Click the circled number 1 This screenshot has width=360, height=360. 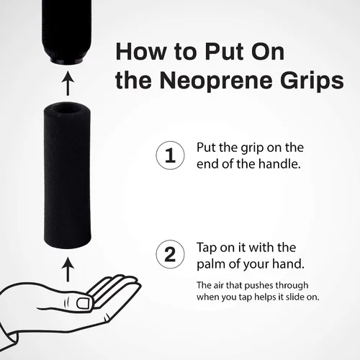(170, 156)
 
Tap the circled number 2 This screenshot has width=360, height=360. (170, 254)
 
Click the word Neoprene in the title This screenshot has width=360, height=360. (217, 81)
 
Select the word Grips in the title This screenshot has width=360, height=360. (312, 81)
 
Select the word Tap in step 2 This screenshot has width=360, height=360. (207, 248)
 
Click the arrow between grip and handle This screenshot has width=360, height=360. (68, 83)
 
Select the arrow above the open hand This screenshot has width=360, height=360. (68, 269)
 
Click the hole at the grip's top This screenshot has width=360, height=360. (67, 110)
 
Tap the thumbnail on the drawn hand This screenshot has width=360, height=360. (84, 303)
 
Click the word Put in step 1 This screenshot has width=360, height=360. (207, 148)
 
